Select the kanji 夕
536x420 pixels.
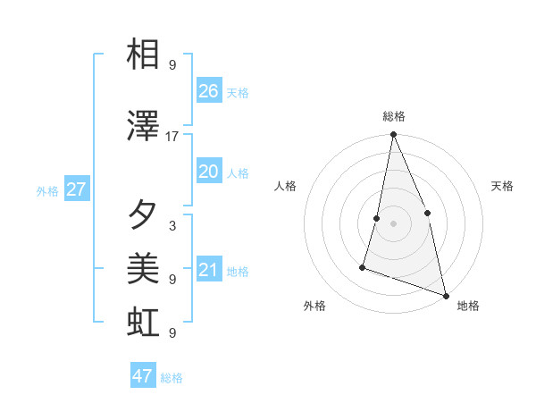[144, 214]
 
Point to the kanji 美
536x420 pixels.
[144, 267]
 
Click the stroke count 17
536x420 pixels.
[172, 137]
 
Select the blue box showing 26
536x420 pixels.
[209, 91]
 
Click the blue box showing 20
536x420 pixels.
[209, 172]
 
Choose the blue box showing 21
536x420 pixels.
[209, 270]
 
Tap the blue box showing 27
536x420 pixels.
[76, 189]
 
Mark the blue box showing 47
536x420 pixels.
[143, 376]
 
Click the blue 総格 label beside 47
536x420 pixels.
[172, 378]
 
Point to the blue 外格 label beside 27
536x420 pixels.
[47, 191]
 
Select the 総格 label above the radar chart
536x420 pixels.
[394, 116]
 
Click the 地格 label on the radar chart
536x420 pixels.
[468, 306]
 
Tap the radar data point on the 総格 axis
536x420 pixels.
[393, 135]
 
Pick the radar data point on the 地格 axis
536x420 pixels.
[445, 294]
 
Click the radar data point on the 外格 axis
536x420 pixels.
[363, 266]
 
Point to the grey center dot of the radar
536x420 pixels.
[393, 223]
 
